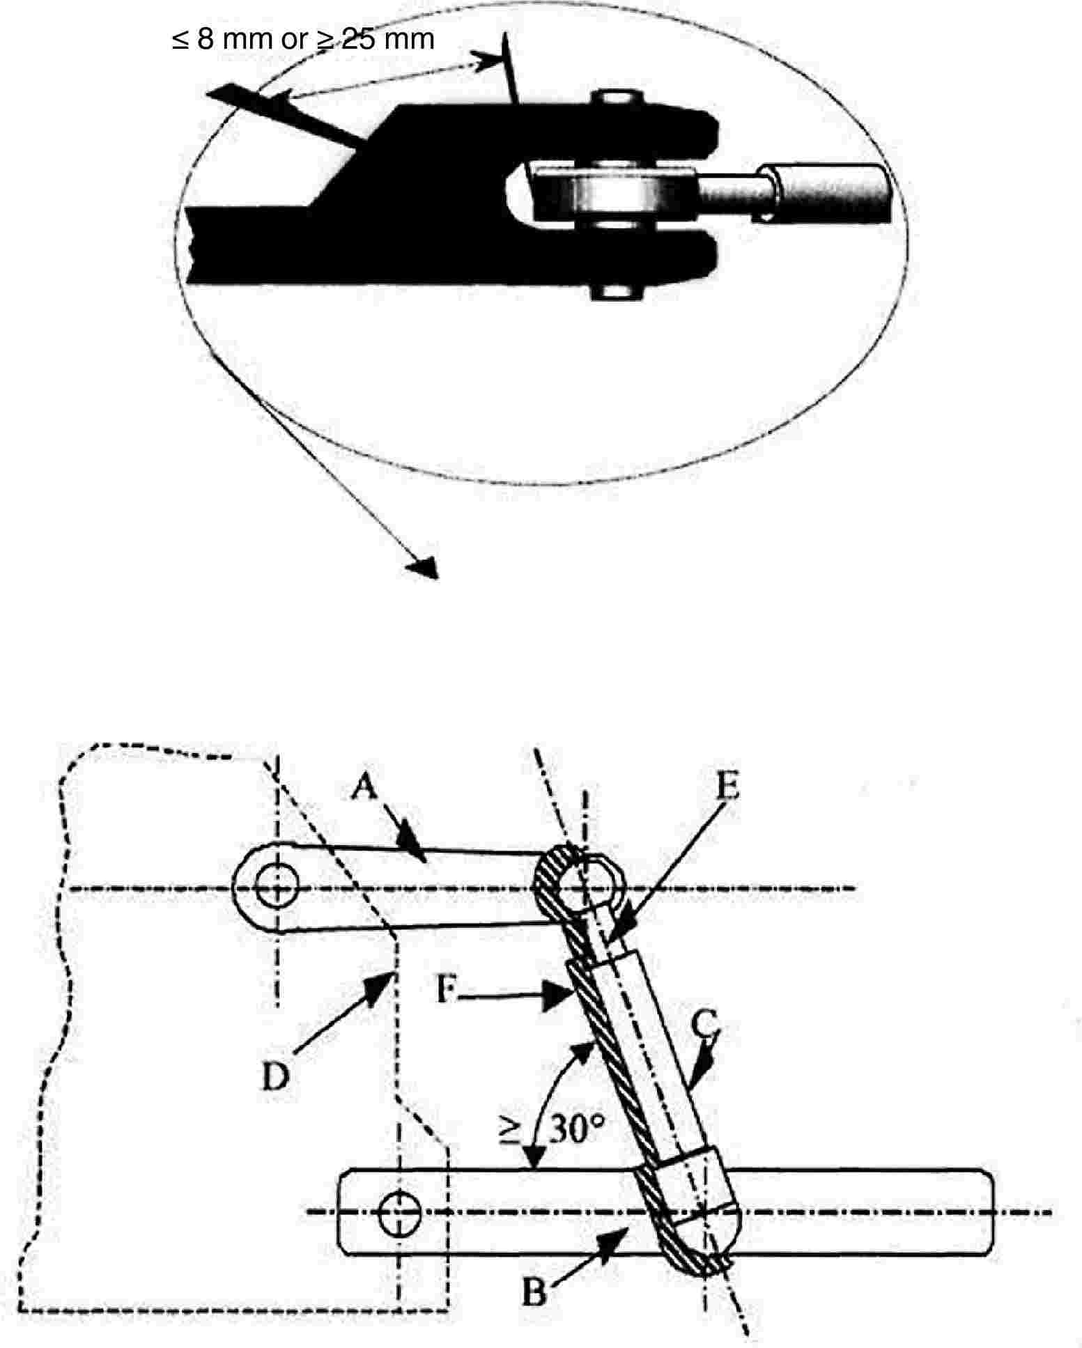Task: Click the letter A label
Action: [365, 789]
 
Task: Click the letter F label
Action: [447, 990]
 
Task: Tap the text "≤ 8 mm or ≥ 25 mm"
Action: [303, 39]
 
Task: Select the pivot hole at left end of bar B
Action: [399, 1216]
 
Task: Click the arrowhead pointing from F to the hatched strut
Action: [558, 995]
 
